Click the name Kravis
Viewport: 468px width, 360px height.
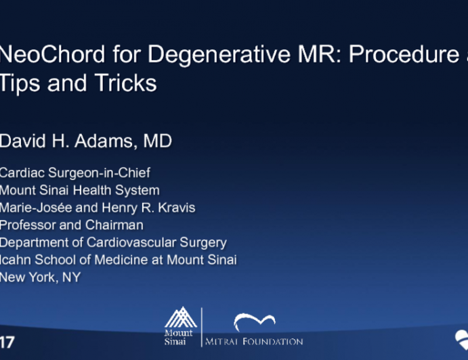point(175,208)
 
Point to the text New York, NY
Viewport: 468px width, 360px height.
point(40,277)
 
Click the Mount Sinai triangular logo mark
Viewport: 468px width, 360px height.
point(180,317)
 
